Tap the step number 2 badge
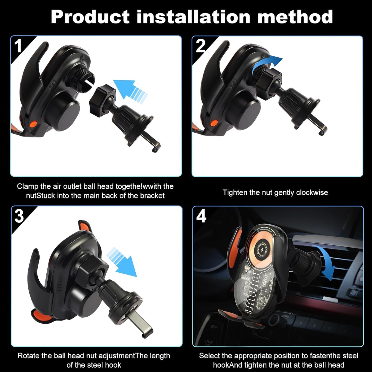(201, 46)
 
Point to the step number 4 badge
(201, 216)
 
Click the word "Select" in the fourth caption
(209, 356)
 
